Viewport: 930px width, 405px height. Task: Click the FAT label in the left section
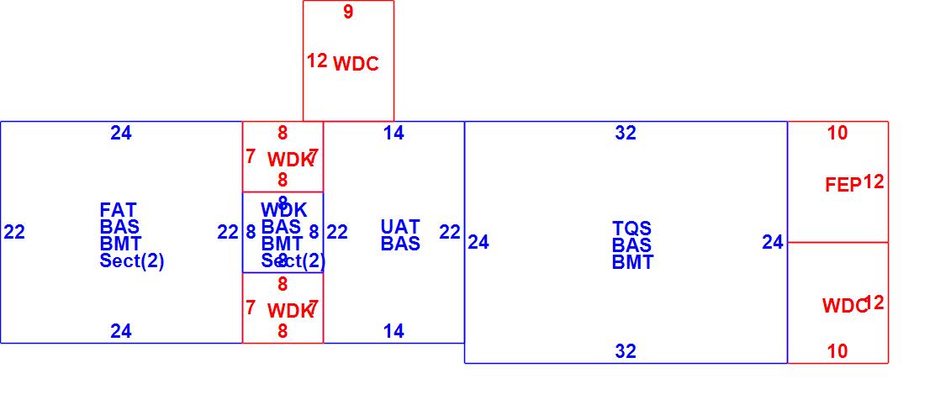point(118,210)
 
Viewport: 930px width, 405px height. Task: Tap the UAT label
point(400,227)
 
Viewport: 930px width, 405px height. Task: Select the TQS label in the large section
point(632,229)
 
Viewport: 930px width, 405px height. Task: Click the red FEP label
point(843,186)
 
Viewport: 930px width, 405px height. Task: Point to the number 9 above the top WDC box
point(348,13)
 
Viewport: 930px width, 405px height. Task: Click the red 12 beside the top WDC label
point(317,61)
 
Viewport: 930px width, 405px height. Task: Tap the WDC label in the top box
point(357,65)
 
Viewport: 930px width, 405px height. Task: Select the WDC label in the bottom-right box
point(843,307)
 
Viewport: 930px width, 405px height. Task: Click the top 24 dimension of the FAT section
point(121,133)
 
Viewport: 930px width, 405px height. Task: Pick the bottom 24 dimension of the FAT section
point(121,332)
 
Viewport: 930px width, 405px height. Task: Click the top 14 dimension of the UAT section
point(394,133)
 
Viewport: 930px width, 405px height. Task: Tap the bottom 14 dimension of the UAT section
point(394,332)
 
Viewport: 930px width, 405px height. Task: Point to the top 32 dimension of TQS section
point(626,133)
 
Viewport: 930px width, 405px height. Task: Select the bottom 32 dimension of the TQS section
point(626,352)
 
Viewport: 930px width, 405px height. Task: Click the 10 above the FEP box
point(838,133)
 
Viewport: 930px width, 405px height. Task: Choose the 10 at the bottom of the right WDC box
point(838,352)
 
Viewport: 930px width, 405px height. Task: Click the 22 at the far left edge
point(14,233)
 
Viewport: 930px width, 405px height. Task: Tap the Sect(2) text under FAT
point(132,261)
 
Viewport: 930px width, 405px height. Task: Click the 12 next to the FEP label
point(874,182)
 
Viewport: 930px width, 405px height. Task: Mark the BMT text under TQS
point(632,262)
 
